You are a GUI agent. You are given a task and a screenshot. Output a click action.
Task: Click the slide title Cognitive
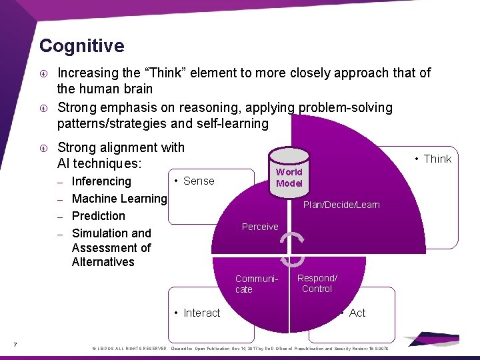coord(81,46)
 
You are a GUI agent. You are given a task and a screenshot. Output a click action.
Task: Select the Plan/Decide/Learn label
coord(341,205)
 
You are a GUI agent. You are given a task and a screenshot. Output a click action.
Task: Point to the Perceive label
coord(260,227)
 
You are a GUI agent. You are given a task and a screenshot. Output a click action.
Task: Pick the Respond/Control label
coord(317,283)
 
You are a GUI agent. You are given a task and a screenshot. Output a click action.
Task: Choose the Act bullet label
coord(357,313)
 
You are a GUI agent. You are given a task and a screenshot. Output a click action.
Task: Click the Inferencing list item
coord(101,181)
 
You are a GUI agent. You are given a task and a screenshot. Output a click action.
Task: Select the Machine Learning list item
coord(119,199)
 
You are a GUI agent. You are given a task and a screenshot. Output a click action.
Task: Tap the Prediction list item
coord(98,216)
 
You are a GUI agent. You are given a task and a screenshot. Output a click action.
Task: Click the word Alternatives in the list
coord(103,262)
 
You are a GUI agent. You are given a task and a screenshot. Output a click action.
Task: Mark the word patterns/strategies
coord(119,124)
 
